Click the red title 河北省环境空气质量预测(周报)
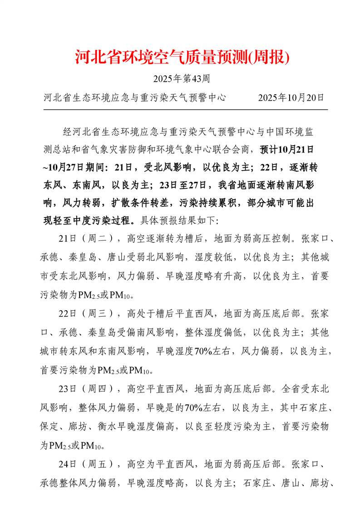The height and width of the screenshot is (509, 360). [182, 57]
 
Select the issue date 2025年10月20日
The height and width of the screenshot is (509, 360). [291, 98]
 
